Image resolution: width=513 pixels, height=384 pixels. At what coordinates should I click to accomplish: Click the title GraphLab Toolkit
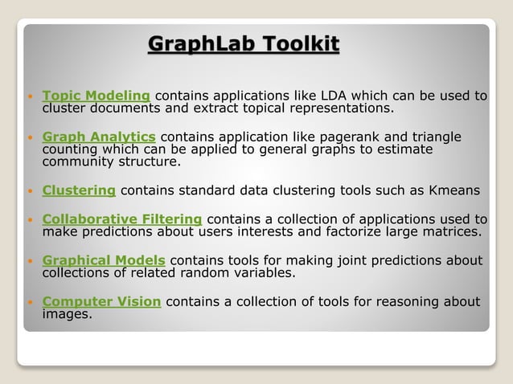click(244, 43)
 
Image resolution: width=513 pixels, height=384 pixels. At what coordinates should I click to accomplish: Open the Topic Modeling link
click(96, 96)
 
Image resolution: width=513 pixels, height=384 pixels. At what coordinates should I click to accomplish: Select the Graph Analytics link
click(99, 137)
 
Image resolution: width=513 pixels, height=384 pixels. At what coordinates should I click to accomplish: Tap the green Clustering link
click(79, 190)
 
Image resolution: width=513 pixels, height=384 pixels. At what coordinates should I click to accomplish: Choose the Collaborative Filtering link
click(122, 219)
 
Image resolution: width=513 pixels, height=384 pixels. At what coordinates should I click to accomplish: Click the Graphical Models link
click(104, 260)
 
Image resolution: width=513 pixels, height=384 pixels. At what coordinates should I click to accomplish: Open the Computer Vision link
click(101, 301)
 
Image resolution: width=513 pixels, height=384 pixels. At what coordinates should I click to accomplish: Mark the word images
click(67, 314)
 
